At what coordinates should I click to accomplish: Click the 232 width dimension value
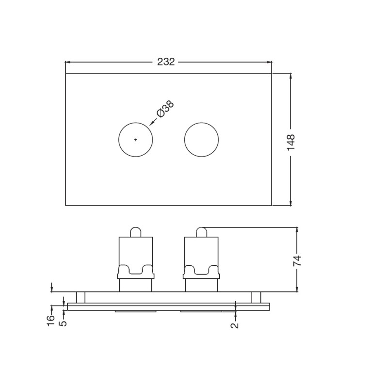[166, 62]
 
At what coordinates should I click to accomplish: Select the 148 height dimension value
[291, 142]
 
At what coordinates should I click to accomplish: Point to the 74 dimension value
[297, 260]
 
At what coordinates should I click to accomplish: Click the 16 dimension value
[51, 321]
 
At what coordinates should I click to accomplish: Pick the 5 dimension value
[64, 323]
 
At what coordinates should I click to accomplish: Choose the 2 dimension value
[235, 325]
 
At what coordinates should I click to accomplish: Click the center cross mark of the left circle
[136, 140]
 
